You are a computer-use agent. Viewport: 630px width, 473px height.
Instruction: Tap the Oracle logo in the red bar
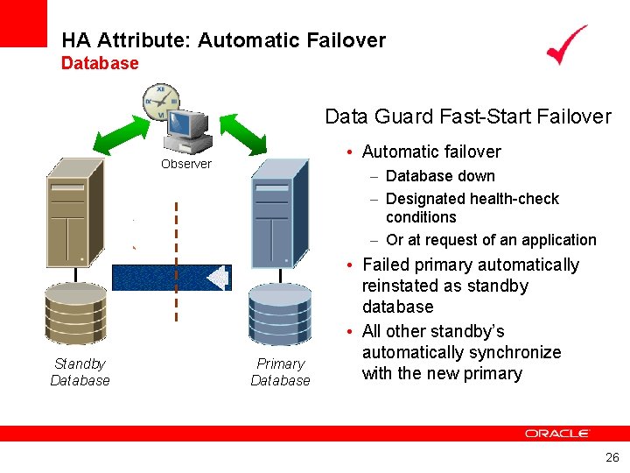(x=557, y=433)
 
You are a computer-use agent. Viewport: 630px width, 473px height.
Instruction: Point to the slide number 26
(x=612, y=457)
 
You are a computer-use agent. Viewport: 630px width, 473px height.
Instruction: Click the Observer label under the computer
(x=186, y=164)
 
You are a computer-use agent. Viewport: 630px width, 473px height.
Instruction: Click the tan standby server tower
(x=75, y=213)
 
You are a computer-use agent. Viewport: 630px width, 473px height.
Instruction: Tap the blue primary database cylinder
(x=280, y=313)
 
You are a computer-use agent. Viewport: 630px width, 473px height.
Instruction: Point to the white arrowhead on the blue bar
(x=217, y=277)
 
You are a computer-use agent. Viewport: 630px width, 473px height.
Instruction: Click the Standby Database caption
(x=80, y=372)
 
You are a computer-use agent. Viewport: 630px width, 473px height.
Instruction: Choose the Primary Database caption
(x=280, y=372)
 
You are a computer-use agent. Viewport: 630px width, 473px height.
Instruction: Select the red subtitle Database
(x=100, y=63)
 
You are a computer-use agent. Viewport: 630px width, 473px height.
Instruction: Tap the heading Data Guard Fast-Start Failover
(x=468, y=116)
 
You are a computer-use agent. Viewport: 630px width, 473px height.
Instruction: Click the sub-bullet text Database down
(x=440, y=176)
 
